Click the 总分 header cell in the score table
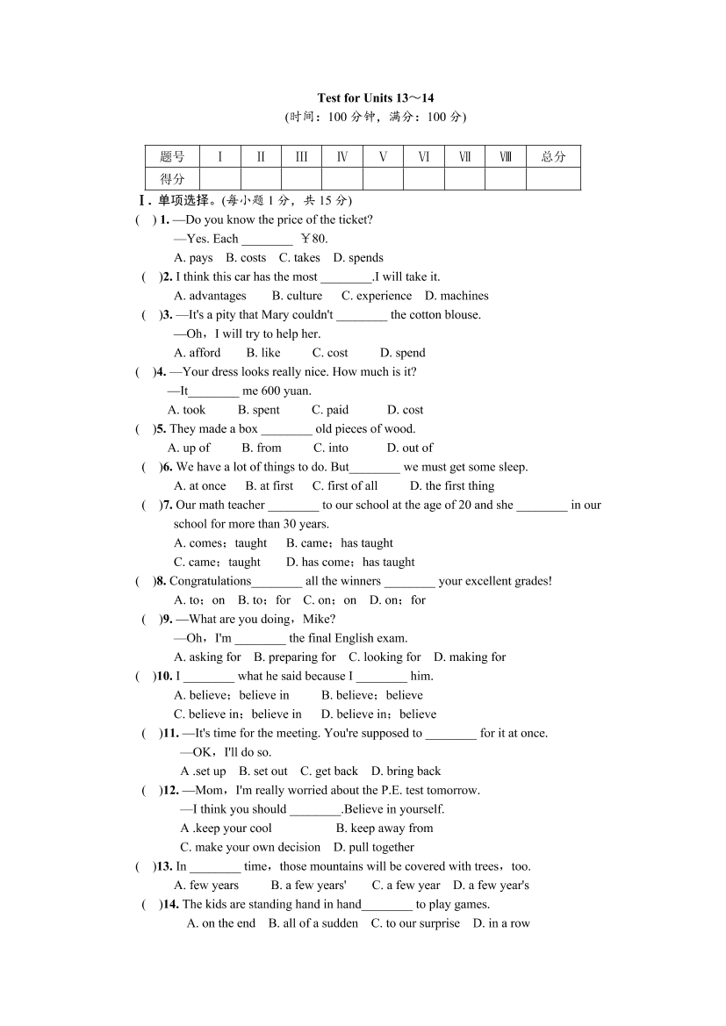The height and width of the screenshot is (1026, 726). click(553, 157)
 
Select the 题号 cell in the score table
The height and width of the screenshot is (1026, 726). click(172, 157)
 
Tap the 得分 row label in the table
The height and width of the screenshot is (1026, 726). click(172, 179)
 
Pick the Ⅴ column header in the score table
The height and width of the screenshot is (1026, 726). click(383, 157)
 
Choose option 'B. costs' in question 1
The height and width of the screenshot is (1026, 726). click(246, 258)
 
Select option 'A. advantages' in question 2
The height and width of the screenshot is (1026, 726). click(210, 296)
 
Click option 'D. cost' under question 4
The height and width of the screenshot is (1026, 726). click(406, 410)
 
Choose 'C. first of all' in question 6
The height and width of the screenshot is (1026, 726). click(345, 486)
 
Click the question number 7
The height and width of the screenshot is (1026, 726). click(166, 505)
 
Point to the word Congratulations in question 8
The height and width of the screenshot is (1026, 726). click(210, 581)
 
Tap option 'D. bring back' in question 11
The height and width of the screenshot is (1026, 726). click(406, 771)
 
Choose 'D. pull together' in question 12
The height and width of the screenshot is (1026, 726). click(373, 847)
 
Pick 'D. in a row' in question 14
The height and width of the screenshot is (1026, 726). click(501, 923)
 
